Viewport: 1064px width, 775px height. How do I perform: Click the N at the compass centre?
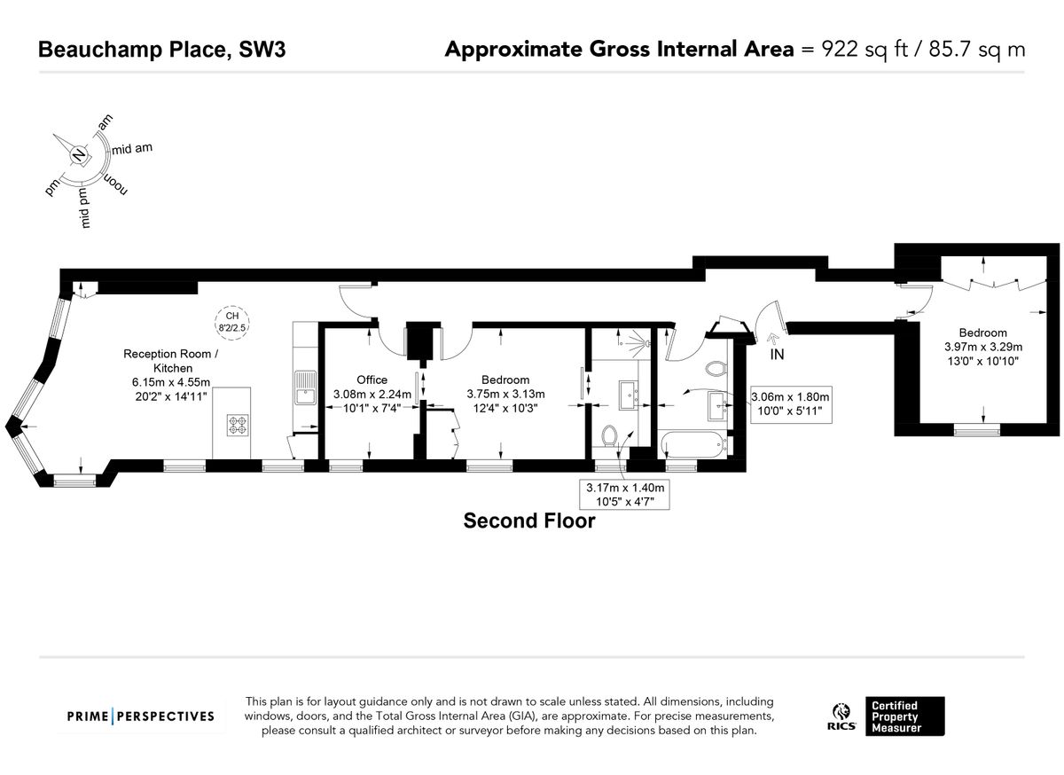(x=80, y=156)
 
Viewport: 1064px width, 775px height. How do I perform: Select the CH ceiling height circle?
(x=232, y=321)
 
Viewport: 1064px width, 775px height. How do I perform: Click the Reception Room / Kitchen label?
(x=168, y=360)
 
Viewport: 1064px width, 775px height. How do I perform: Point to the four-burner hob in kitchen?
(x=239, y=426)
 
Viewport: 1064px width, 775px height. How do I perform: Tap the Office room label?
(x=372, y=380)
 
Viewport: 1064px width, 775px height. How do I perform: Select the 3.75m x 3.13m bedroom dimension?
(x=505, y=395)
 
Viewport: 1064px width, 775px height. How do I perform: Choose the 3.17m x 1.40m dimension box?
(x=624, y=494)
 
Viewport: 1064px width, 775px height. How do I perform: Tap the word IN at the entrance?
(x=777, y=355)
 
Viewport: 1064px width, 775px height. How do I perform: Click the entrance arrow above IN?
(x=770, y=338)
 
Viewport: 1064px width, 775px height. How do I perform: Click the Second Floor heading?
(x=529, y=521)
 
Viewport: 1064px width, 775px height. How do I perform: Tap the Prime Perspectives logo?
(x=142, y=716)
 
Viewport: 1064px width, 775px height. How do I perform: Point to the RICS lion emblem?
(x=841, y=712)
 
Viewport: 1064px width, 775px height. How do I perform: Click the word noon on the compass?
(x=116, y=185)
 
